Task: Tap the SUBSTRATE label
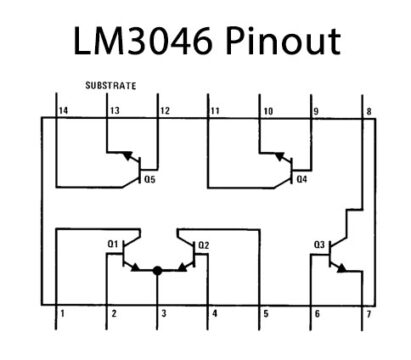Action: click(x=112, y=86)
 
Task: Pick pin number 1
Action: click(x=62, y=314)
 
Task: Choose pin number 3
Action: click(x=163, y=314)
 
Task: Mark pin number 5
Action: click(x=265, y=314)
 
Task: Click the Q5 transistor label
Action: click(x=150, y=180)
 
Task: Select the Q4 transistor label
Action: click(x=302, y=180)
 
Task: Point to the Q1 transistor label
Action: click(x=112, y=244)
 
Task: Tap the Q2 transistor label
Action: click(x=203, y=244)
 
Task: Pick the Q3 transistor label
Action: click(x=319, y=244)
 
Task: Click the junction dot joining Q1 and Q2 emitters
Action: click(x=158, y=270)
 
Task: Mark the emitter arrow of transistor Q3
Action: click(x=345, y=268)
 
